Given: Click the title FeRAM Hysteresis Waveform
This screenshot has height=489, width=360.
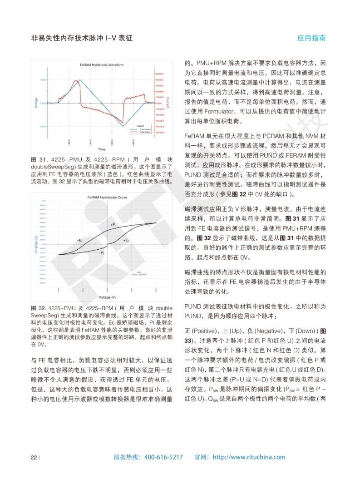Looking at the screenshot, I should click(101, 65).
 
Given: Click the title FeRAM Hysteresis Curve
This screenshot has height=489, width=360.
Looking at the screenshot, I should click(107, 197).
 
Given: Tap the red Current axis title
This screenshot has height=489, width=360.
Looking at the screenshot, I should click(168, 103).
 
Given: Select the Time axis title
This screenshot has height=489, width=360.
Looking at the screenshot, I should click(102, 149).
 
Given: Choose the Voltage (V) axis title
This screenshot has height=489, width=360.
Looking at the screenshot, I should click(107, 297).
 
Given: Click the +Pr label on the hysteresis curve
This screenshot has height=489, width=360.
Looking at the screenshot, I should click(113, 225).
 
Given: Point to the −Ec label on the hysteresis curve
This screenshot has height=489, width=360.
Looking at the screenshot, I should click(79, 240).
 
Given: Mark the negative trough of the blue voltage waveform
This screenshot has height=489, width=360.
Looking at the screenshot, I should click(123, 126).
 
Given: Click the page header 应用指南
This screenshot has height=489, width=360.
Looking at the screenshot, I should click(311, 38).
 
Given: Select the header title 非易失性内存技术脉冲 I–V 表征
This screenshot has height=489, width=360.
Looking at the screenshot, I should click(81, 38).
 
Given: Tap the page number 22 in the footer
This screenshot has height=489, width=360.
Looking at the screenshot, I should click(33, 457).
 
